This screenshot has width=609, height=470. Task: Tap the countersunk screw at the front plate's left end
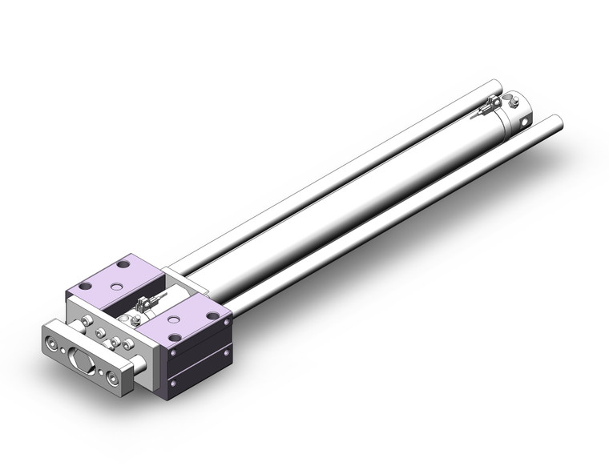[52, 343]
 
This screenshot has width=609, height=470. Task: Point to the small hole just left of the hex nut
[63, 351]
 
